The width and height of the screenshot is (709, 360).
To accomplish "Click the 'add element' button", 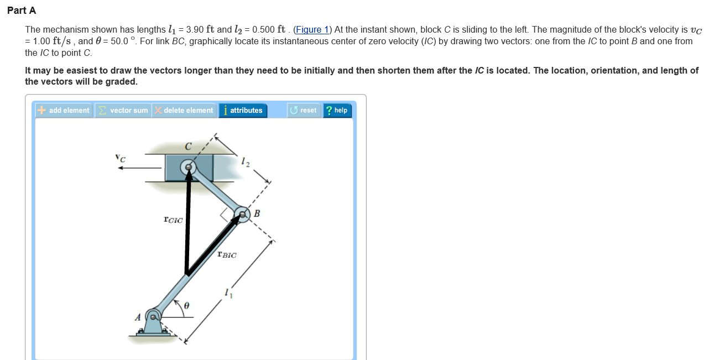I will tap(64, 111).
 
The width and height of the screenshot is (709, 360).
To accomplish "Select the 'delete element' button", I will tap(184, 111).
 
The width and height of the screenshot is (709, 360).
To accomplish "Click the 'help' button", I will tap(337, 111).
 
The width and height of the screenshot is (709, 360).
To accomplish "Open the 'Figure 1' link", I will tap(311, 30).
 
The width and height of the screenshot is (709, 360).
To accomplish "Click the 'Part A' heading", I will tap(22, 11).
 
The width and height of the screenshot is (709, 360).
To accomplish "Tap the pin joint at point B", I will tap(242, 214).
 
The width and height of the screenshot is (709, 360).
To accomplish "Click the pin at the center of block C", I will tap(189, 167).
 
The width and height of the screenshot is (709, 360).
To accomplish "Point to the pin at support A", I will tap(153, 317).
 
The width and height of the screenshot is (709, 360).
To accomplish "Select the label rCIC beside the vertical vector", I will tap(173, 220).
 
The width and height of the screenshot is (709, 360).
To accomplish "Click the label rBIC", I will tap(227, 255).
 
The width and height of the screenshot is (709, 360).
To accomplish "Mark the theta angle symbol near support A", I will tap(186, 305).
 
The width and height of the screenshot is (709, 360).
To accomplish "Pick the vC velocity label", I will tap(120, 158).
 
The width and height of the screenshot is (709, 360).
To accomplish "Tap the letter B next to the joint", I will tap(257, 213).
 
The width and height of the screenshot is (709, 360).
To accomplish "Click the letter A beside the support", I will tap(138, 317).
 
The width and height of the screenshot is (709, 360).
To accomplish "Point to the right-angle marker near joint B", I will tap(226, 215).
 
